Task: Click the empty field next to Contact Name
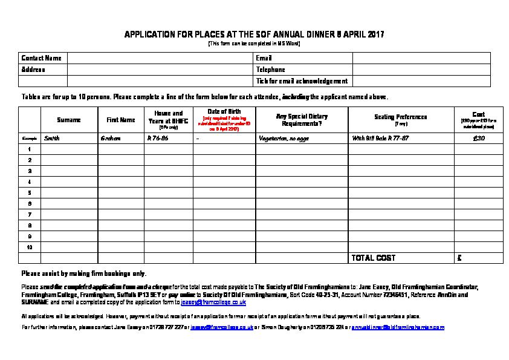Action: click(160, 58)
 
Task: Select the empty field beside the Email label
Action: click(421, 58)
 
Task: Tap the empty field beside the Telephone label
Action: click(421, 70)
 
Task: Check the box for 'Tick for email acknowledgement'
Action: click(421, 81)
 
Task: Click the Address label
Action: click(33, 70)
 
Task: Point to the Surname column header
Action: click(69, 120)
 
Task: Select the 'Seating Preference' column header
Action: click(401, 117)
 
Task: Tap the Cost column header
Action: click(478, 114)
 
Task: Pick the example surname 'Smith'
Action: click(52, 138)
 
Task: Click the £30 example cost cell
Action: click(478, 138)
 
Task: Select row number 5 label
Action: click(29, 192)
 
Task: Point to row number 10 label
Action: click(29, 247)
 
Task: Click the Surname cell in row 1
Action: click(69, 149)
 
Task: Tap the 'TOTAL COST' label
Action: click(373, 258)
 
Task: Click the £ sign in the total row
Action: click(460, 258)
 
